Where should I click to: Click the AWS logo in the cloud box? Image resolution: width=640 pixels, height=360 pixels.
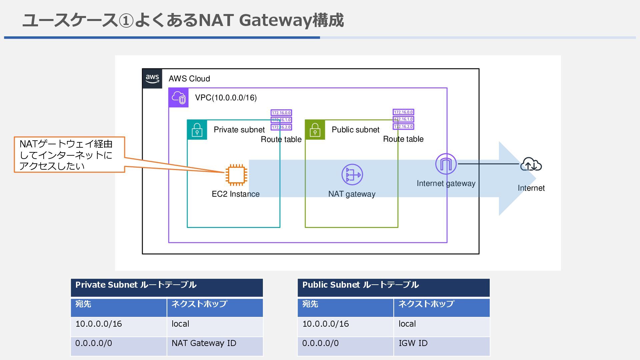click(x=152, y=79)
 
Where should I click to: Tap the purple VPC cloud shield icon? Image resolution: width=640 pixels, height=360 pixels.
click(x=179, y=98)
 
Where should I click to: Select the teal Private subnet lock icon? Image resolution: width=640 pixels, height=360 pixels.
click(x=197, y=130)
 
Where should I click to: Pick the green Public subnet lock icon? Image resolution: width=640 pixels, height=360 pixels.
click(x=315, y=130)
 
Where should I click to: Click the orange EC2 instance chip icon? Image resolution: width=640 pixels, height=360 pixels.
click(x=236, y=175)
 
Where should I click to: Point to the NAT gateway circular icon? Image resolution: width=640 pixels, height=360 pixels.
click(x=352, y=175)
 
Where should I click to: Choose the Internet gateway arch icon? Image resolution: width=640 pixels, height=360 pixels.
click(x=446, y=164)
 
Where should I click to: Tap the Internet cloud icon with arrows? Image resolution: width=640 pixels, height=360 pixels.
click(x=531, y=164)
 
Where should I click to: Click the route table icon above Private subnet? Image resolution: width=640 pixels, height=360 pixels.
click(x=281, y=120)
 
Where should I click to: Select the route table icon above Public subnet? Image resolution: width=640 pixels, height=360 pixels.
click(x=403, y=119)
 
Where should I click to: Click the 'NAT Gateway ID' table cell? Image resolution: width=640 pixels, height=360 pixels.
click(x=215, y=346)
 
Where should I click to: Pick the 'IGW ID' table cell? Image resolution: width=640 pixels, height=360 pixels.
click(x=442, y=346)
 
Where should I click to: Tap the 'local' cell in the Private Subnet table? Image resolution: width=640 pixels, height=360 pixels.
click(x=215, y=327)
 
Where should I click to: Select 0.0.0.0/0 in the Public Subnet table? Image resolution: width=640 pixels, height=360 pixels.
click(x=346, y=346)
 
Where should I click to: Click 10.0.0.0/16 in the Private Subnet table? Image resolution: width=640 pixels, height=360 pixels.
click(x=119, y=327)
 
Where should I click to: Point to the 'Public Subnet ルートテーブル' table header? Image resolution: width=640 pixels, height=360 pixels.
click(x=394, y=288)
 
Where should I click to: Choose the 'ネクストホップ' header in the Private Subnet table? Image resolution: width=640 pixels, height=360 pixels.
click(x=215, y=307)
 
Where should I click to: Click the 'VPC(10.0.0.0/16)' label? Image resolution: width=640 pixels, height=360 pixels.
click(x=226, y=98)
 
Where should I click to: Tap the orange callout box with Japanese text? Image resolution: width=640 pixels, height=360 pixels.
click(x=69, y=155)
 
